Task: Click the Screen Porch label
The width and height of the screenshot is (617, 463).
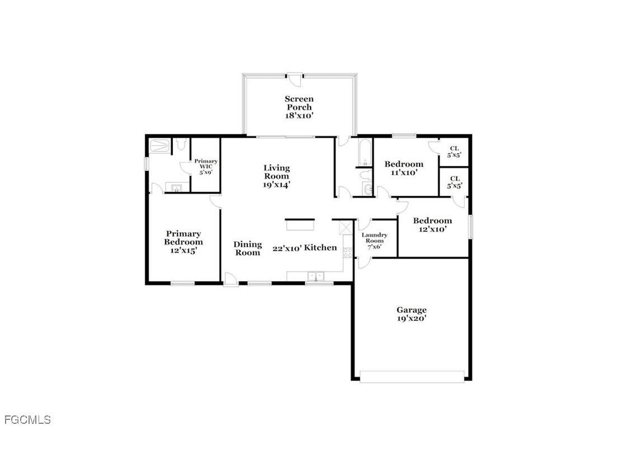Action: (x=299, y=107)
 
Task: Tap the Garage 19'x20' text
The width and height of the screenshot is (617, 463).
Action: (x=412, y=314)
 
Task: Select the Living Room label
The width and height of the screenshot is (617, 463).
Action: (x=276, y=176)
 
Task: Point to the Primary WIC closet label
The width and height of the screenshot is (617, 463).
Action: (x=206, y=167)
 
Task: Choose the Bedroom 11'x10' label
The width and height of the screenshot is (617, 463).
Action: (x=403, y=168)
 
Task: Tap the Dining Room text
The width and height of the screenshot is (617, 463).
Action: (x=247, y=248)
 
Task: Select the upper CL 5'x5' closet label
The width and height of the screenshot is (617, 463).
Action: (x=455, y=151)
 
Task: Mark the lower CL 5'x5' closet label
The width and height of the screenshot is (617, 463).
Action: (x=455, y=181)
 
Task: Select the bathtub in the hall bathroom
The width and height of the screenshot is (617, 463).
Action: (x=365, y=152)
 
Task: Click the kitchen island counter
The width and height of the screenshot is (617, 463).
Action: (x=301, y=225)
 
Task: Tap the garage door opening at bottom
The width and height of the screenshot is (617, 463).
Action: (x=412, y=376)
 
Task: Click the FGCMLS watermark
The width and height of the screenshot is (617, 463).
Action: (x=27, y=419)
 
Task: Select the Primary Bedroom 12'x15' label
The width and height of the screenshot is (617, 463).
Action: (x=183, y=242)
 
